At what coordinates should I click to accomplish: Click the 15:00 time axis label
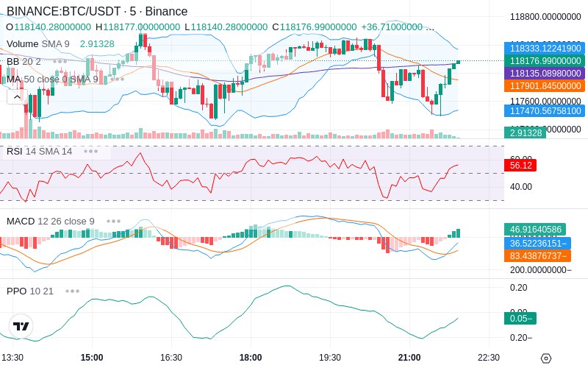pyautogui.click(x=92, y=357)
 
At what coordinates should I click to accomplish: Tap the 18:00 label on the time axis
pyautogui.click(x=251, y=357)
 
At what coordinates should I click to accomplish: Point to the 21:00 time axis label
pyautogui.click(x=409, y=357)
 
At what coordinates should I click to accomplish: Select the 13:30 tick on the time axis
pyautogui.click(x=12, y=357)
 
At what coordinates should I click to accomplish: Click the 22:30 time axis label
pyautogui.click(x=489, y=357)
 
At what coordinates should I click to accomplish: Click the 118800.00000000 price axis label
pyautogui.click(x=545, y=16)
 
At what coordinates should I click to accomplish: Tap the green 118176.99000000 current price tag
pyautogui.click(x=544, y=61)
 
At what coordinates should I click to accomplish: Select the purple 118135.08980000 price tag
pyautogui.click(x=544, y=74)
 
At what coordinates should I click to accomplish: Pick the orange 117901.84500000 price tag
pyautogui.click(x=544, y=86)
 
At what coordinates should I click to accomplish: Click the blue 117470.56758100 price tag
pyautogui.click(x=544, y=111)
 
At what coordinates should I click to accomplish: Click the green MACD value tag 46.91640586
pyautogui.click(x=536, y=230)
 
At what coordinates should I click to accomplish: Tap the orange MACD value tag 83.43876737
pyautogui.click(x=536, y=255)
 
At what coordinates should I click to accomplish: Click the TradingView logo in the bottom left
pyautogui.click(x=21, y=326)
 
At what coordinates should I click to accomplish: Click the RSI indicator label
pyautogui.click(x=14, y=151)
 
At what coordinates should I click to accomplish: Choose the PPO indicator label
pyautogui.click(x=16, y=291)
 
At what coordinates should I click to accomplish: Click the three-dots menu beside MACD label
pyautogui.click(x=114, y=221)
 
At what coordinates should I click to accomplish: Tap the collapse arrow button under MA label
pyautogui.click(x=16, y=96)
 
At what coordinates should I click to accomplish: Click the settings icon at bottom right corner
pyautogui.click(x=545, y=358)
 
